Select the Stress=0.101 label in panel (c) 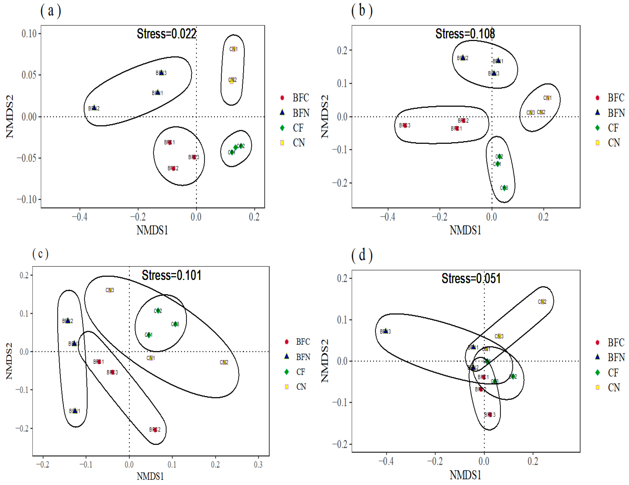tap(171, 275)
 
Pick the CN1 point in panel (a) tap(233, 49)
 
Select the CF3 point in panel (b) tap(504, 188)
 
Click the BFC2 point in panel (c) tap(155, 430)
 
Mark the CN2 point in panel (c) tap(224, 362)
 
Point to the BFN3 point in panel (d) tap(385, 331)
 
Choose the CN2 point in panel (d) tap(542, 302)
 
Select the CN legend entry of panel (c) tap(301, 387)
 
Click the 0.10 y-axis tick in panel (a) tap(29, 34)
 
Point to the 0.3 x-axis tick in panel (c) tap(258, 464)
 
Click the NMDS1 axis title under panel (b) tap(465, 230)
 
